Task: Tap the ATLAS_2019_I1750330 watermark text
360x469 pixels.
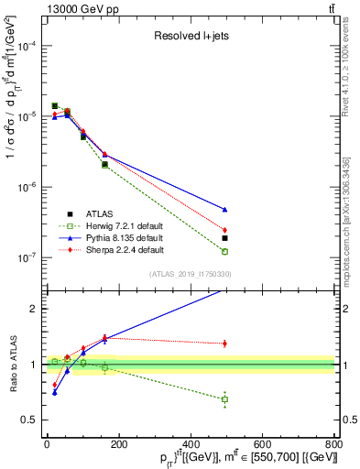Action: [190, 274]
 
